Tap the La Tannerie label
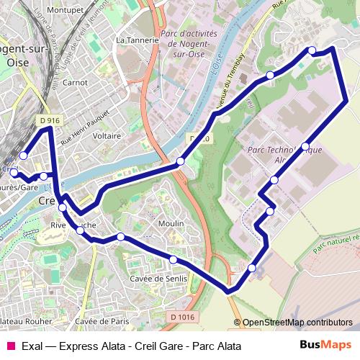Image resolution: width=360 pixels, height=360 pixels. point(136,40)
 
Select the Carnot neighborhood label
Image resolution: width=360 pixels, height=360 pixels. point(75,83)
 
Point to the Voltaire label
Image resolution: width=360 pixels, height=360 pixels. point(107,135)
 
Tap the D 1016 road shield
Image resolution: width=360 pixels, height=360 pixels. point(184,316)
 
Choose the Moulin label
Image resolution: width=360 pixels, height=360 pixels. point(171,224)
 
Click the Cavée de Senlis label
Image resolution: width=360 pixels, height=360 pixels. point(158,279)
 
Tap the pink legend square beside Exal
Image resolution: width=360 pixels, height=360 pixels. point(10,346)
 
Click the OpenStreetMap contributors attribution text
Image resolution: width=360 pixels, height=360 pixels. point(297,323)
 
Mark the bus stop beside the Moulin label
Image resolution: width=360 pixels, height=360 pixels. point(121,237)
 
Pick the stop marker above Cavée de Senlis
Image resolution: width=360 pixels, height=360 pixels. point(174,259)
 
